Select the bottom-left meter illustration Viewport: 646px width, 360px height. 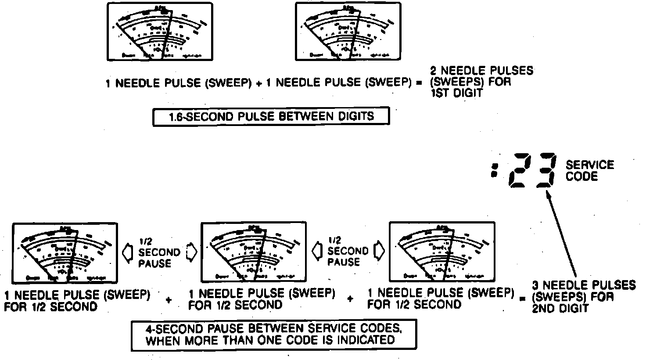[x=65, y=252]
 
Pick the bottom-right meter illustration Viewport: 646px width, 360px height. [x=442, y=252]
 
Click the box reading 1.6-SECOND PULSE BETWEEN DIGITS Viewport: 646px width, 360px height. [x=271, y=117]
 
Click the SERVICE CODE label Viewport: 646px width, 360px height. [x=589, y=171]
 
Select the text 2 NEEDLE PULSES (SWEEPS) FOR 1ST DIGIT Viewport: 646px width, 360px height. [x=481, y=82]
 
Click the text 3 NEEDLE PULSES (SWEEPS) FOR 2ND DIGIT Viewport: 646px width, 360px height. [x=583, y=296]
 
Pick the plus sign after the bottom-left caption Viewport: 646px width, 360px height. [x=168, y=300]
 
